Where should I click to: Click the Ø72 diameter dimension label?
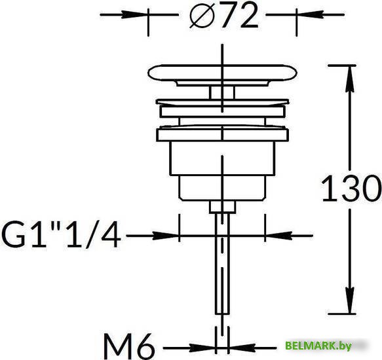coord(223,15)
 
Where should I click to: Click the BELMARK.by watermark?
coord(318,345)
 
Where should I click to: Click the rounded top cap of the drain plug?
coord(222,72)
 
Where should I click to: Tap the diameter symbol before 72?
coord(202,16)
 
